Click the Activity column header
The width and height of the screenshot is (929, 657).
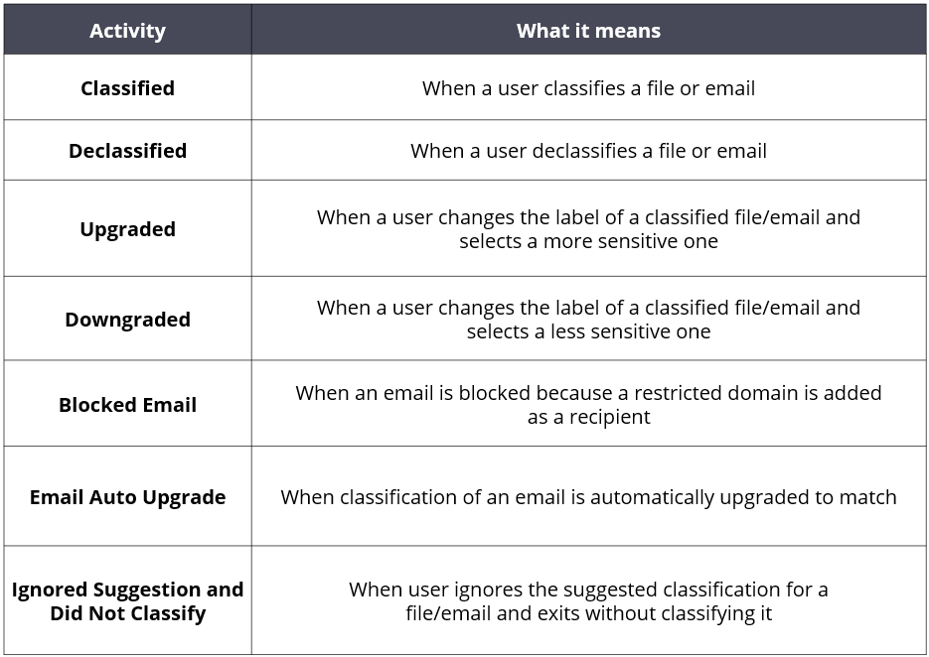coord(127,31)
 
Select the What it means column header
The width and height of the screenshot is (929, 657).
coord(588,31)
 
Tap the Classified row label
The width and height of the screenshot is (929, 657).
coord(127,88)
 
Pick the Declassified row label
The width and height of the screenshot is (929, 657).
coord(127,151)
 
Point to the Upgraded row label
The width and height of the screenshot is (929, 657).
coord(127,229)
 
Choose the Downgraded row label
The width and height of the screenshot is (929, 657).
coord(127,320)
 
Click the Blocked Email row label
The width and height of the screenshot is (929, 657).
coord(127,405)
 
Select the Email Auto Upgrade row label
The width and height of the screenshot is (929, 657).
coord(127,497)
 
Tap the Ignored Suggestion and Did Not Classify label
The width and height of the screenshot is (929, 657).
coord(127,601)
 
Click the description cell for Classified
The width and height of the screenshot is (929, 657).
coord(588,88)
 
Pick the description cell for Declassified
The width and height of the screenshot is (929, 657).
coord(588,151)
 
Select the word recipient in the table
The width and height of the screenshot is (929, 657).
coord(610,417)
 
